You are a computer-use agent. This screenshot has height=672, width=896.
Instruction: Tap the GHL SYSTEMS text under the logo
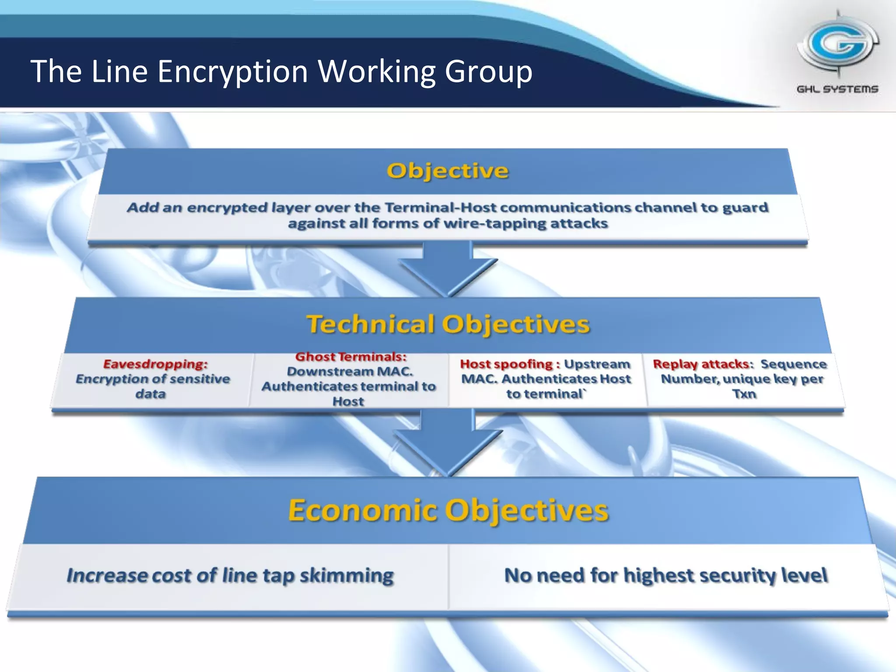pos(837,89)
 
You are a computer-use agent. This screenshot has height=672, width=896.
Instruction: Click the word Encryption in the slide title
pos(232,71)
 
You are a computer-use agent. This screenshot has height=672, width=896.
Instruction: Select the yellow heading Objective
pos(448,171)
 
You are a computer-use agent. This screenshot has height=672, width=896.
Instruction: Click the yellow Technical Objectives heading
pos(448,324)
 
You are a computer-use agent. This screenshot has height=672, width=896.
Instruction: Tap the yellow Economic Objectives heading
pos(448,510)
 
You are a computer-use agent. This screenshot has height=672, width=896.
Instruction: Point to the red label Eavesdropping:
pos(155,364)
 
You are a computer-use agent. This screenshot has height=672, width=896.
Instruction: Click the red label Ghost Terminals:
pos(351,357)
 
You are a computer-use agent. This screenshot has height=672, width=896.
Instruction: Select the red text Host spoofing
pos(506,364)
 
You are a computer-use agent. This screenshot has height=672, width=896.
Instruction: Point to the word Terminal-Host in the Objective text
pos(438,207)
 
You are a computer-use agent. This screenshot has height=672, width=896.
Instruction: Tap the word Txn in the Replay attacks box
pos(744,394)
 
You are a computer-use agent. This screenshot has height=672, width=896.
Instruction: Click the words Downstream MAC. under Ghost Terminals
pos(350,372)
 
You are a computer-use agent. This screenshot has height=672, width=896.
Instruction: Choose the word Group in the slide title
pos(489,71)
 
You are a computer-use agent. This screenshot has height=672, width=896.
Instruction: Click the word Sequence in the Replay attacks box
pos(794,364)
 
